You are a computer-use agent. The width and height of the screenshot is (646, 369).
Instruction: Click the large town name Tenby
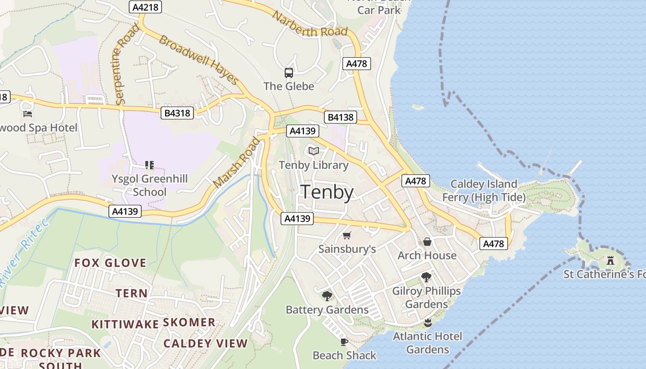327,192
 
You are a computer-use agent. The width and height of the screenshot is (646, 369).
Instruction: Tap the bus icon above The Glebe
289,73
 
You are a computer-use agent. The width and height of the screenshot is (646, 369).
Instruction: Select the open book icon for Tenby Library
314,151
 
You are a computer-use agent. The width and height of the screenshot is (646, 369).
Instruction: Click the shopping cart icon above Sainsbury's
347,236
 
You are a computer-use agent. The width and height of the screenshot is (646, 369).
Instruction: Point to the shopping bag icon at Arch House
427,242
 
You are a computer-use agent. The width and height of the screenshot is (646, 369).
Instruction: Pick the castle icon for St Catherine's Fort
610,261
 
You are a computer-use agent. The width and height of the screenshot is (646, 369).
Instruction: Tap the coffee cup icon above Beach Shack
344,342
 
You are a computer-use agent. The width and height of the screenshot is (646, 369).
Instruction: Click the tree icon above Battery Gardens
327,296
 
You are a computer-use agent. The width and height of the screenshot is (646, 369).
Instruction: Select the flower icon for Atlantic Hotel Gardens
427,322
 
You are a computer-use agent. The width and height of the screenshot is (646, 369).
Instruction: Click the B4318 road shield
177,113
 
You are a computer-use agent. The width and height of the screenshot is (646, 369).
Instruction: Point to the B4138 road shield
341,117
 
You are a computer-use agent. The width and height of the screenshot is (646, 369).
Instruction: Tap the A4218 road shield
145,7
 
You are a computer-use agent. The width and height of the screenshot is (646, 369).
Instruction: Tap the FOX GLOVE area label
110,263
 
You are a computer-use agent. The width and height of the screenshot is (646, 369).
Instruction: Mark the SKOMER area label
189,322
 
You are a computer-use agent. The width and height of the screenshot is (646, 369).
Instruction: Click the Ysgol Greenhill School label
150,185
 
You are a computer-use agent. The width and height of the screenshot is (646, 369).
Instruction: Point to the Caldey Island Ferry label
484,190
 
